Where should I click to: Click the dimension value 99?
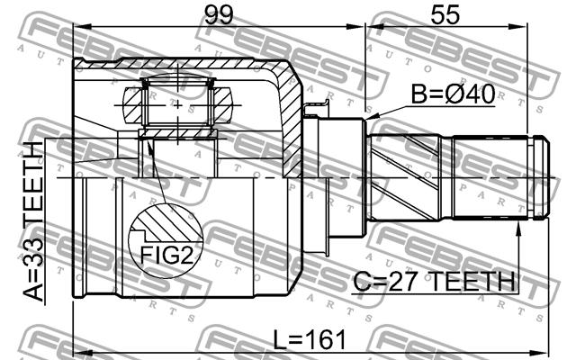point(219,15)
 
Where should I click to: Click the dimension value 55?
point(445,15)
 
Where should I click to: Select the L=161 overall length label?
point(310,340)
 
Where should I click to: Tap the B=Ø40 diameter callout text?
point(453,94)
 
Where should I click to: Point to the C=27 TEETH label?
point(434,282)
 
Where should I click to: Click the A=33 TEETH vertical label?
point(33,221)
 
